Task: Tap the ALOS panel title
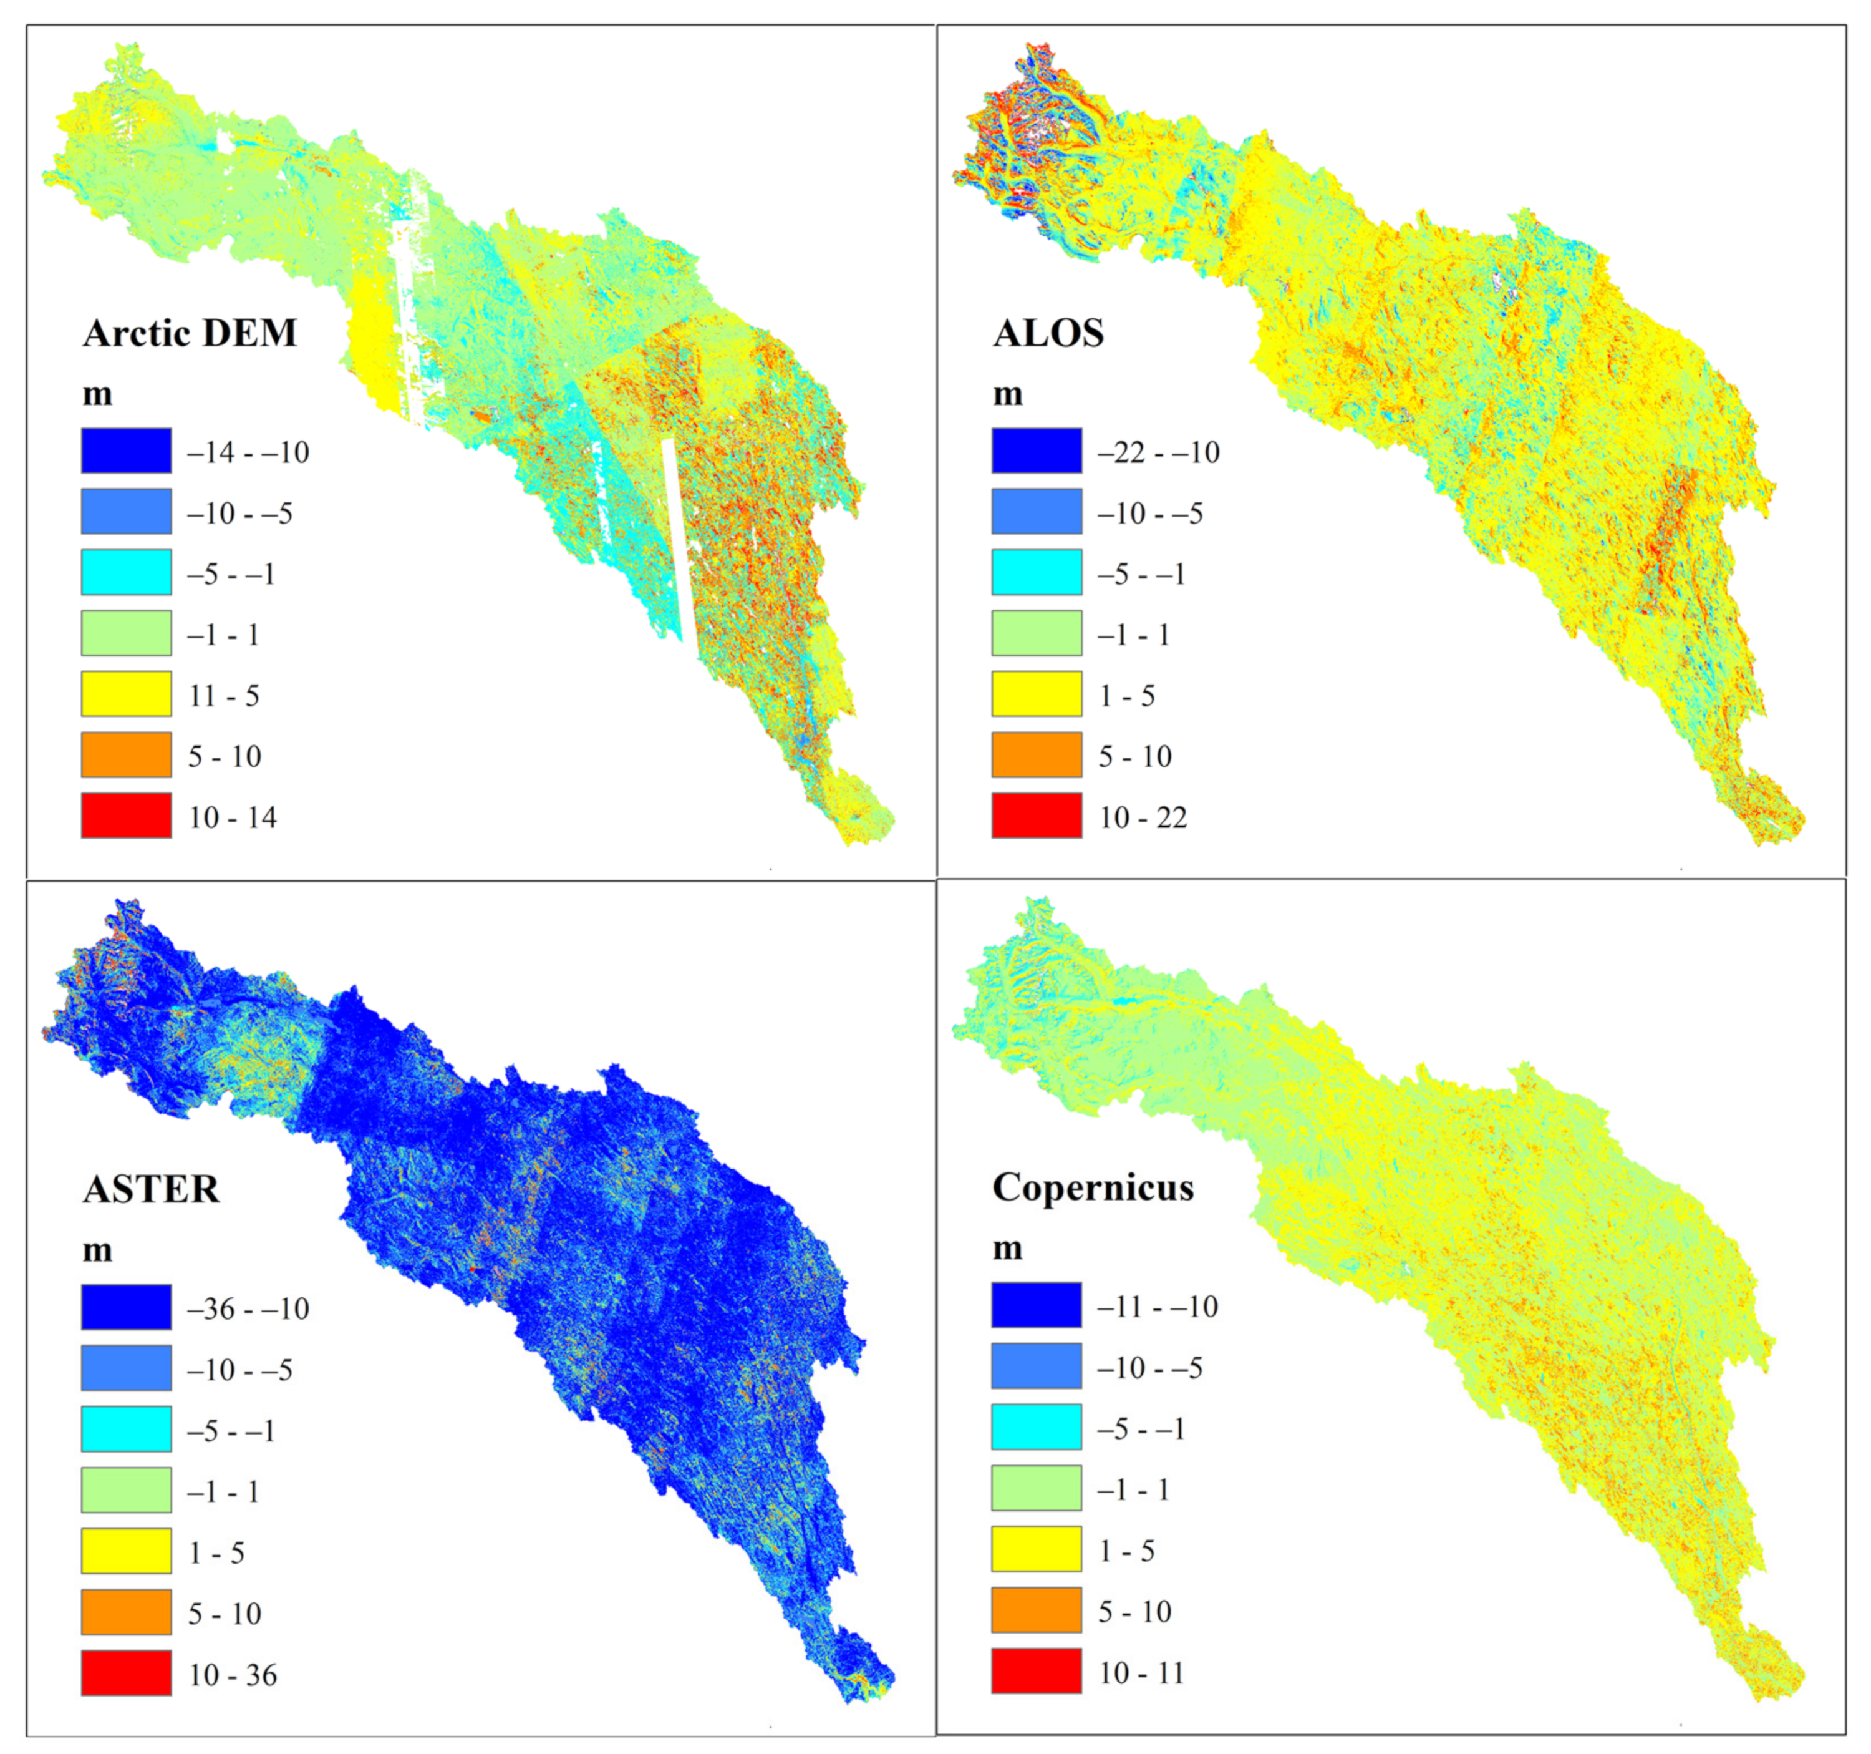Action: click(x=1048, y=333)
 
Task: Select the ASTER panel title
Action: click(x=150, y=1189)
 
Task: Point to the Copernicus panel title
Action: click(x=1093, y=1187)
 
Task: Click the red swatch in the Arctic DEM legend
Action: click(x=126, y=816)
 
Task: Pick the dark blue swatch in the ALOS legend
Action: click(x=1036, y=450)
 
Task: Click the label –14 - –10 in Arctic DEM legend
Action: click(x=248, y=453)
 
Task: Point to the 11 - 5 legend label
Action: click(x=223, y=696)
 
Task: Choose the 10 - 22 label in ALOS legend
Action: click(x=1143, y=817)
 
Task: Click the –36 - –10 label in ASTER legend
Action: click(x=248, y=1308)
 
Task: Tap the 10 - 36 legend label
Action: click(x=233, y=1675)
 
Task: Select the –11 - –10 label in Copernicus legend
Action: click(x=1158, y=1307)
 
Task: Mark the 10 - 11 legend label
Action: click(x=1141, y=1673)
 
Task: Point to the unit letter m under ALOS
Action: click(x=1007, y=394)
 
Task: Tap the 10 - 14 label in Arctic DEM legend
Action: click(x=233, y=817)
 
